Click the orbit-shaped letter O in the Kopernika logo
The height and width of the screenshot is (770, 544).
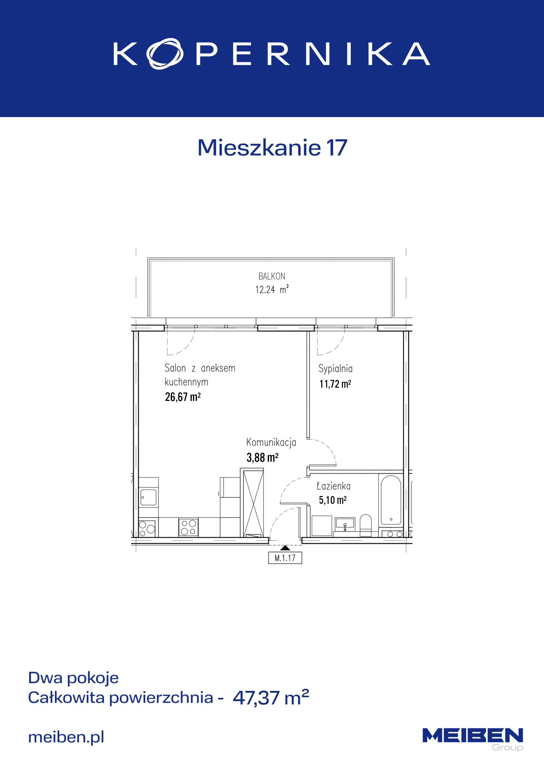(165, 54)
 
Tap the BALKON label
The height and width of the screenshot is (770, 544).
(272, 276)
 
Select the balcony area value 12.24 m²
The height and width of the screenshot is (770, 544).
(272, 289)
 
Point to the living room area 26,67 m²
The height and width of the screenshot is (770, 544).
(183, 397)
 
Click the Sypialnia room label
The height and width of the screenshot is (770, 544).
(335, 368)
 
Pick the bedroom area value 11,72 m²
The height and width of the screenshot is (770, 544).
(335, 384)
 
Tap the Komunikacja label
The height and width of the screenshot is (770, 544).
(271, 442)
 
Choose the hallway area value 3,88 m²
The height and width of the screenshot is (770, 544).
(262, 457)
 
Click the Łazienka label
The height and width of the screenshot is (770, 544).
(334, 486)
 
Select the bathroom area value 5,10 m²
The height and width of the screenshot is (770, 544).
(332, 500)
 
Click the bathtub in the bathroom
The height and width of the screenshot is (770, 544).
(391, 499)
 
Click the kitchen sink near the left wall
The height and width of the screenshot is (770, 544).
(148, 497)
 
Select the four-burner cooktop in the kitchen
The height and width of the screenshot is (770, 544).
(188, 527)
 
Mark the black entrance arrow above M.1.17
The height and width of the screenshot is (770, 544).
(285, 548)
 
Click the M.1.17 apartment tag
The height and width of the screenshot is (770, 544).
(285, 558)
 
